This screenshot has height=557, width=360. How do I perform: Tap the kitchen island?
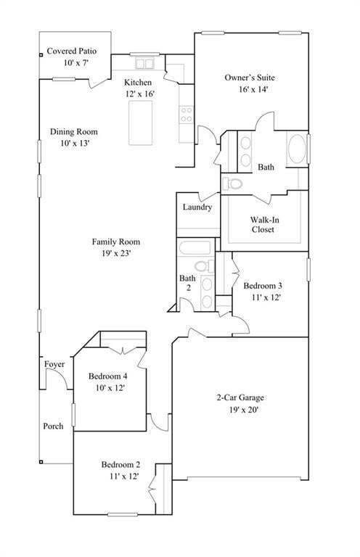140,123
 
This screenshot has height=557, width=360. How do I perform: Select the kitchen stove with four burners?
186,114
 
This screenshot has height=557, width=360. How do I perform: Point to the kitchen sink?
144,62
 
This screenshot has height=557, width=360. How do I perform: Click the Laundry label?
197,207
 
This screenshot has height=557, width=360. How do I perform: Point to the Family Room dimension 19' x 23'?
115,253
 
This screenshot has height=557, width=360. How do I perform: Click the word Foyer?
54,364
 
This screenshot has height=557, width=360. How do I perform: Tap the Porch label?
53,426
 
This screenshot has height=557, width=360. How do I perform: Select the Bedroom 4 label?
108,376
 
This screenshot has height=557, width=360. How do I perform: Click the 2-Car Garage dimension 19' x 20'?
240,410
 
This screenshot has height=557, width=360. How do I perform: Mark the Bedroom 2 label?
120,465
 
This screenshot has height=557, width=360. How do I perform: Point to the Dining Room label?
73,132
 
